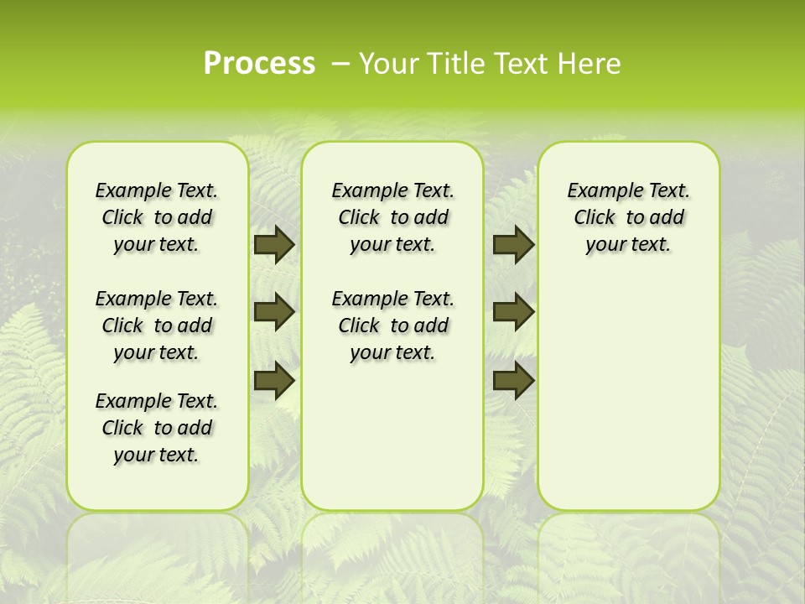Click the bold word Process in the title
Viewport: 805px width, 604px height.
tap(259, 64)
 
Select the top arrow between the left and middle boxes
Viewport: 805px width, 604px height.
tap(274, 245)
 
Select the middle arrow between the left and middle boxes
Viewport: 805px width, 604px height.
tap(274, 313)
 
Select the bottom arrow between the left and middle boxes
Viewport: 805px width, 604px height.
tap(274, 381)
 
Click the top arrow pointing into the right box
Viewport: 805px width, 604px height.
tap(513, 245)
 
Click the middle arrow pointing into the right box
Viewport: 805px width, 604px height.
tap(513, 313)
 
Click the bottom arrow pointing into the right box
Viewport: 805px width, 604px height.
tap(513, 381)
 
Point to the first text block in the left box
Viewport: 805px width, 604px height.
tap(157, 217)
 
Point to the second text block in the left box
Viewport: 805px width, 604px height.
tap(157, 325)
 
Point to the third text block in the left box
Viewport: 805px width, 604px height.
tap(157, 428)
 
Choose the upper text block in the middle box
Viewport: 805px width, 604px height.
tap(392, 217)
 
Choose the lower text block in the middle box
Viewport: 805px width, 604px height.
tap(392, 325)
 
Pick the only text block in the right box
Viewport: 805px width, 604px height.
tap(628, 217)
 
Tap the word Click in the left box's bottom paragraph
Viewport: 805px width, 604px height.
tap(122, 428)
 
